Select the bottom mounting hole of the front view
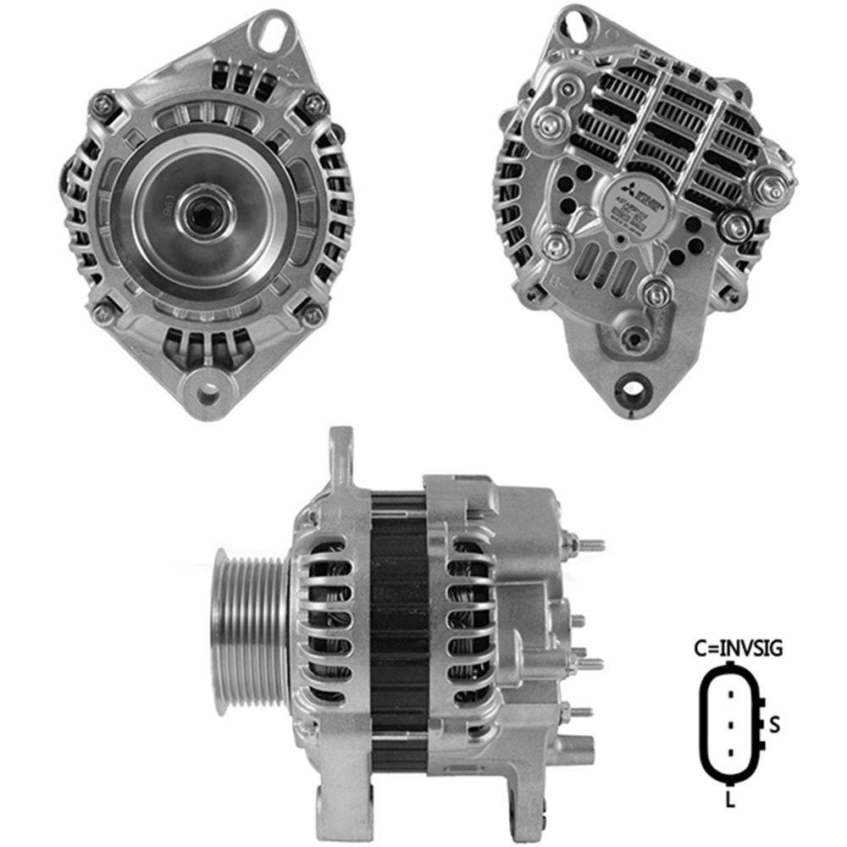coord(207,393)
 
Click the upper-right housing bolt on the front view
coord(315,104)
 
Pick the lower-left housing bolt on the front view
coord(103,313)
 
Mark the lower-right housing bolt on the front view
coord(312,315)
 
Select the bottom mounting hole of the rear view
coord(633,389)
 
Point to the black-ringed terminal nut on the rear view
coord(734,225)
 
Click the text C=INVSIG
coord(739,650)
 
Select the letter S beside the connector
coord(773,724)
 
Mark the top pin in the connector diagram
coord(729,696)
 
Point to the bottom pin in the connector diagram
coord(729,753)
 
